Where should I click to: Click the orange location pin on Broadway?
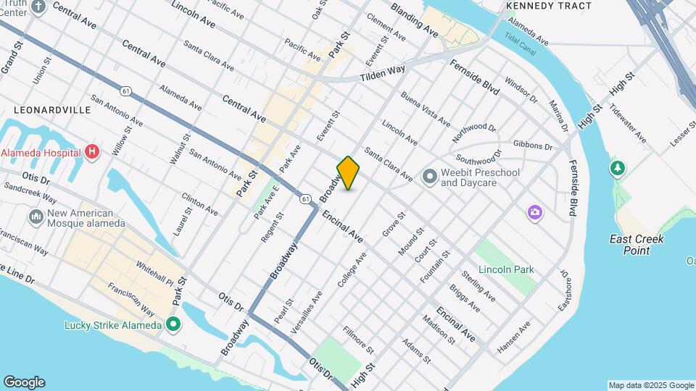(x=348, y=173)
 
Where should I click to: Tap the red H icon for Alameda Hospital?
(x=91, y=152)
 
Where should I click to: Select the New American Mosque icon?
(x=36, y=217)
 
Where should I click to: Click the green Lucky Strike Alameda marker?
(x=173, y=324)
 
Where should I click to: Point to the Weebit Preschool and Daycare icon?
(x=429, y=176)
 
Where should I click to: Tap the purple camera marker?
(x=534, y=212)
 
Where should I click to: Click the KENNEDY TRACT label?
(x=549, y=6)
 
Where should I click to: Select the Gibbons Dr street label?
(x=532, y=146)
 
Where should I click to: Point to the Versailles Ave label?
(x=316, y=307)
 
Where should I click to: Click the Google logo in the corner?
(x=24, y=382)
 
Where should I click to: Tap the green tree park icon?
(x=617, y=168)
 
